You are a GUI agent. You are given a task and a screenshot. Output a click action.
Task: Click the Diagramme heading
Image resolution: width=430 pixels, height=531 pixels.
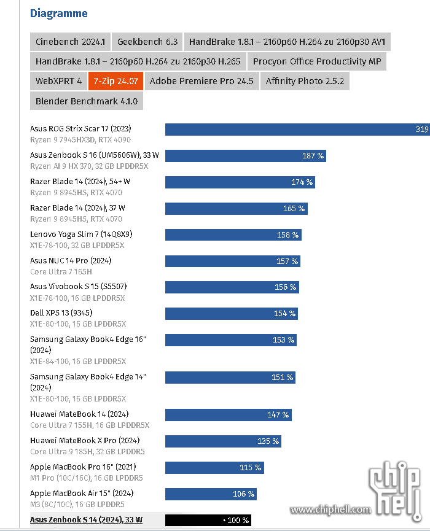click(x=58, y=14)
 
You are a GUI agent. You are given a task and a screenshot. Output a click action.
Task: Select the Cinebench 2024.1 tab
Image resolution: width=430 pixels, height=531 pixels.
click(x=70, y=42)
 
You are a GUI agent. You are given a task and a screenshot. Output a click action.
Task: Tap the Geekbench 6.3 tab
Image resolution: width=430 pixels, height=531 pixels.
click(x=147, y=42)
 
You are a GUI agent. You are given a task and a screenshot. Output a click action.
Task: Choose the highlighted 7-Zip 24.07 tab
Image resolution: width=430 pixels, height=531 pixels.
click(x=115, y=81)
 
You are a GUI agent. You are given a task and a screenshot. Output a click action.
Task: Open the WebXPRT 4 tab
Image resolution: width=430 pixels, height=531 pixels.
click(x=58, y=81)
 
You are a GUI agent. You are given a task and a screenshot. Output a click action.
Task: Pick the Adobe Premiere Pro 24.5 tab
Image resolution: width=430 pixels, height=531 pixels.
click(x=201, y=81)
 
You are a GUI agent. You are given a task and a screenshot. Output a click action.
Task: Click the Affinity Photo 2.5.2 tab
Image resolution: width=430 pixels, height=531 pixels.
click(x=305, y=81)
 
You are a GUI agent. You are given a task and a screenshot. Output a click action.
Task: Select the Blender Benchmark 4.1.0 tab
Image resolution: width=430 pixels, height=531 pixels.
click(x=87, y=101)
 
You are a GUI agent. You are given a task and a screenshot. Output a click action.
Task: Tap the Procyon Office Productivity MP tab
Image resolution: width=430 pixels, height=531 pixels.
click(x=317, y=61)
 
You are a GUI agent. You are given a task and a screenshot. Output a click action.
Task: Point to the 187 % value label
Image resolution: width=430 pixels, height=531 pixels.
click(x=313, y=156)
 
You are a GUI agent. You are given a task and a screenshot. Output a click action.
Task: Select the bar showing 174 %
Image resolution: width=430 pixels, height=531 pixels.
click(x=240, y=182)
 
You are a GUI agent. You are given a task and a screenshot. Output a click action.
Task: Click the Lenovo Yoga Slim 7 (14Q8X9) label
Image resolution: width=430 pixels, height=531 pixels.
click(x=81, y=234)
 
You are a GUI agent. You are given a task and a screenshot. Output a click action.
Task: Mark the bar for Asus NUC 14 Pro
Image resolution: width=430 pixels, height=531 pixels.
click(x=232, y=261)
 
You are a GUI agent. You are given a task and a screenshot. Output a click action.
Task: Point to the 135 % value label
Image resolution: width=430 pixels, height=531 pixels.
click(x=268, y=441)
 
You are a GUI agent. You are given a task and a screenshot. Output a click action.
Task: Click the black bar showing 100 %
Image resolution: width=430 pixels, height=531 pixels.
click(x=208, y=520)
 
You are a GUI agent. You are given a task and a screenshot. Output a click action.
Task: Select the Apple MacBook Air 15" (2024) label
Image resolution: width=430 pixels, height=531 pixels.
click(x=82, y=494)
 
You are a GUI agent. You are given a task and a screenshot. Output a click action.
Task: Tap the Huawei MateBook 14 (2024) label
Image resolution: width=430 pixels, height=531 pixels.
click(x=79, y=414)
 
